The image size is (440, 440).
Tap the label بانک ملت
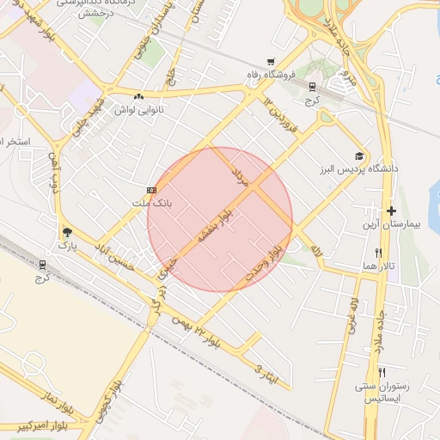151,203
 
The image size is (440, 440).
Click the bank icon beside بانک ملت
152,189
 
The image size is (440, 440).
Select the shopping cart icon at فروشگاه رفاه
272,61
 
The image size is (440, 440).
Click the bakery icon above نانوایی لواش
139,96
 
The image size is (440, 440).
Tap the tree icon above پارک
67,232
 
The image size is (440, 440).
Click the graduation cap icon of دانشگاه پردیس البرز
358,156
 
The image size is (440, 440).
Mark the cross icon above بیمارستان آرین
391,211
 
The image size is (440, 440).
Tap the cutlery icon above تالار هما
379,254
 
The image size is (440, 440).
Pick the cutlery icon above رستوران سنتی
382,372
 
